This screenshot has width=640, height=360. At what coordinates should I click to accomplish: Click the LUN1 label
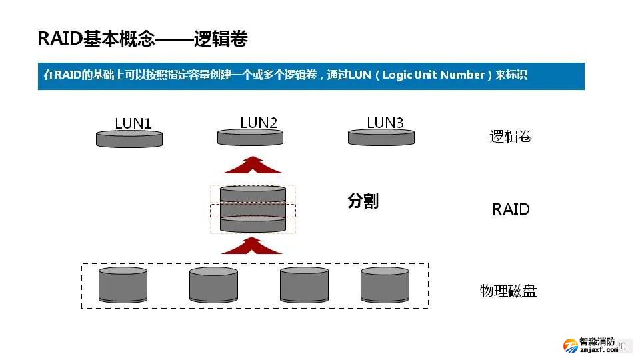coord(133,123)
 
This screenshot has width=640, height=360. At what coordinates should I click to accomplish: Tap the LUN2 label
coord(259,123)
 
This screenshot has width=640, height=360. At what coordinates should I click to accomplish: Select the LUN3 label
coord(385,123)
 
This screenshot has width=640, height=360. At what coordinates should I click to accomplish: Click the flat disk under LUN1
coord(129,139)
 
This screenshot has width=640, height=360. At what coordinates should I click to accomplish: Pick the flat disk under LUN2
coord(251,137)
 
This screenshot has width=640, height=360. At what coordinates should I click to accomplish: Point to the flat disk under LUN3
coord(381,137)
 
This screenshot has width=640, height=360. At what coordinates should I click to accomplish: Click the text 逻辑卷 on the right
coord(511,137)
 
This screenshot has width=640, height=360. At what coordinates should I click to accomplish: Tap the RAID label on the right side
coord(511,209)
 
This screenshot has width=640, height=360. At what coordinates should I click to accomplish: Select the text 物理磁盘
coord(508,291)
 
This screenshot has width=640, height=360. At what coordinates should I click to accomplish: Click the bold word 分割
coord(363,201)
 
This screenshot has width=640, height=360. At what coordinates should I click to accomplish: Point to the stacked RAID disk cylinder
coord(253,209)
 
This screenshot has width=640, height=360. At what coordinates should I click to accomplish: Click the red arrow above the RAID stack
coord(253,164)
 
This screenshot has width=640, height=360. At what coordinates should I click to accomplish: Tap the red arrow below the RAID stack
coord(253,245)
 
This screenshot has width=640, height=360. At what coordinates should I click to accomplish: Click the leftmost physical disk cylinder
coord(123,285)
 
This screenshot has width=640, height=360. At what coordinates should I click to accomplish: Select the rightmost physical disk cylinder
coord(385,285)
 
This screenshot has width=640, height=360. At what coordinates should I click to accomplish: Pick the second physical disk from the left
coord(213,285)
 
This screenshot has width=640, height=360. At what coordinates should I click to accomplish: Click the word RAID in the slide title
coord(60,39)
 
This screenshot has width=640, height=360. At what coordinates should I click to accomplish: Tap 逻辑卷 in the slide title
coord(221,39)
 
